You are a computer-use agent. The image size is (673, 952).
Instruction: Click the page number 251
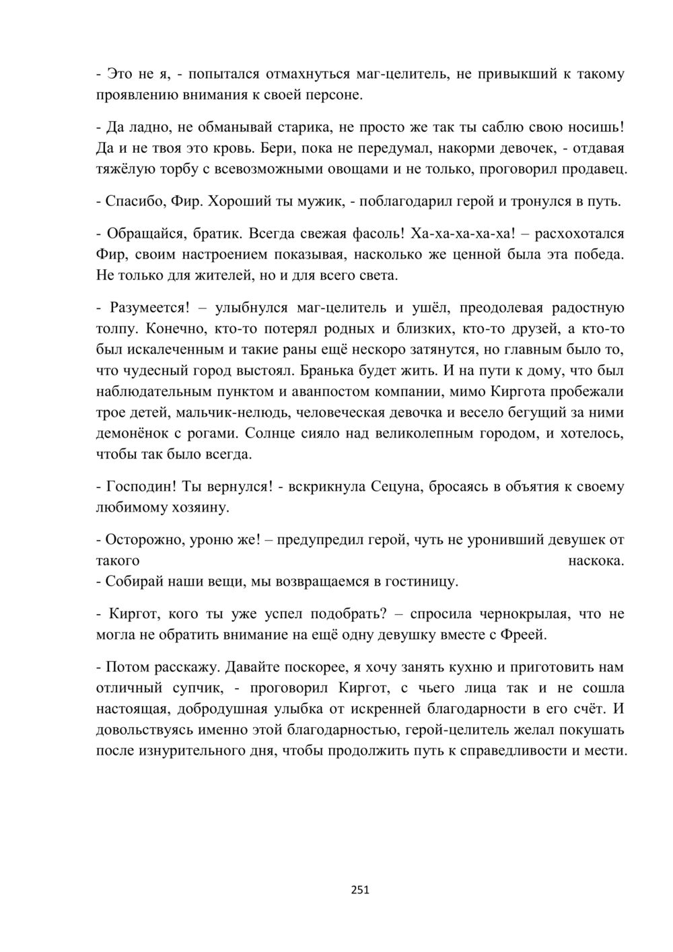[x=360, y=890]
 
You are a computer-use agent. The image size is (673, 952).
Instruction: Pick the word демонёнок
[x=135, y=433]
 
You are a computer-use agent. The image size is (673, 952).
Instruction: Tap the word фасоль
[x=377, y=234]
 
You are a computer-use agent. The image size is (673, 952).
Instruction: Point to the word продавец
[x=592, y=169]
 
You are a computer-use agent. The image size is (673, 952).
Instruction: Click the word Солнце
[x=274, y=433]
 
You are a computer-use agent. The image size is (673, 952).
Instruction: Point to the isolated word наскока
[x=596, y=560]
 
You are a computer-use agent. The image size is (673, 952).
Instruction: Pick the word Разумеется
[x=147, y=308]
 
